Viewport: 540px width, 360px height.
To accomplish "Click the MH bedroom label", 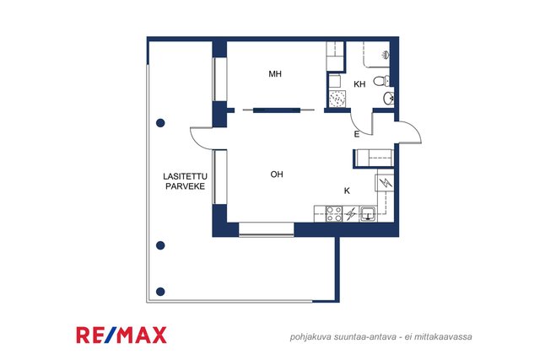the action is tap(275, 73).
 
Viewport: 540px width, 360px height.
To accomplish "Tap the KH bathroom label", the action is tap(359, 84).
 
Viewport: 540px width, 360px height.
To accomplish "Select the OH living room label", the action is tap(277, 175).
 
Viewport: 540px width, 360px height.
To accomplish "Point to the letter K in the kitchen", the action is tap(347, 191).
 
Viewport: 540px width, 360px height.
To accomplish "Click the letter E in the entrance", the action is tap(357, 134).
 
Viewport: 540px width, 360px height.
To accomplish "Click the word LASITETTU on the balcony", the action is tap(186, 176).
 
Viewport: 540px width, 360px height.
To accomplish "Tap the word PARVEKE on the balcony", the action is tap(186, 186).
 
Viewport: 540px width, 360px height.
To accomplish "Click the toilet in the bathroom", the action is tap(381, 81).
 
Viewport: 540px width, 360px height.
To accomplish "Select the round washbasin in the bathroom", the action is tap(389, 98).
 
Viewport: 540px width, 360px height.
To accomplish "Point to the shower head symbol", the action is tap(386, 54).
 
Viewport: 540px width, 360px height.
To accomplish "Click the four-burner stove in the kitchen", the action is tap(334, 213).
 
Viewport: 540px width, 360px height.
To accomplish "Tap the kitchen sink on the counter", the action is tap(368, 213).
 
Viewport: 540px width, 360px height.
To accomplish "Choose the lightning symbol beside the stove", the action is tap(351, 214).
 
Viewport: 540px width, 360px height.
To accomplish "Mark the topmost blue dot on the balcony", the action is tap(160, 123).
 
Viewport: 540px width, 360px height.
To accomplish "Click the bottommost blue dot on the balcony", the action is tap(160, 292).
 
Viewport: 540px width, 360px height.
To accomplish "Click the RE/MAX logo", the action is tap(121, 336).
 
